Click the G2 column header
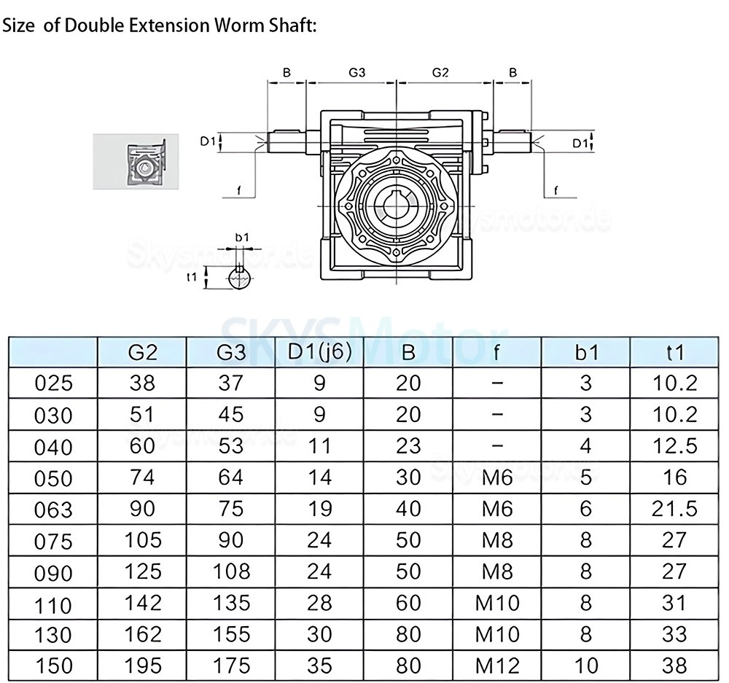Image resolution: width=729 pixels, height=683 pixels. coord(142,352)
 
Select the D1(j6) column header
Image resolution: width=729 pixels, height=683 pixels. coord(319,351)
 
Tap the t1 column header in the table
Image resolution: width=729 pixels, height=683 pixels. coord(675,352)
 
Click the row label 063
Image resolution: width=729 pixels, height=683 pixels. coord(54,510)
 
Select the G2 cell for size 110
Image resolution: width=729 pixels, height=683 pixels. coord(142,603)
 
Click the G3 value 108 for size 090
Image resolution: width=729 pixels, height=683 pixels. coord(230,571)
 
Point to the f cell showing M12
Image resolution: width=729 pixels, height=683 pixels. coord(497,666)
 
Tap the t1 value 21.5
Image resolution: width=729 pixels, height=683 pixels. coord(675,508)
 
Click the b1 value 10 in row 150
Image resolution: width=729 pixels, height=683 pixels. coord(586,666)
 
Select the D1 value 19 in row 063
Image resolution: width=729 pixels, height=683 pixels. coord(319,508)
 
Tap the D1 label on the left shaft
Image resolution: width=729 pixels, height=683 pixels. coord(208,141)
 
